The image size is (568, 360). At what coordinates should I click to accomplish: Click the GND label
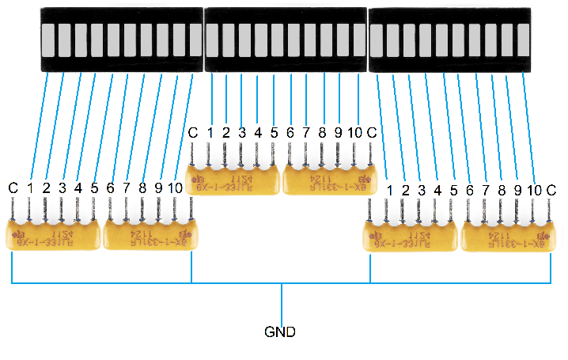[281, 332]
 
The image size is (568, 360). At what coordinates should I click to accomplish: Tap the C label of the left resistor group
[13, 188]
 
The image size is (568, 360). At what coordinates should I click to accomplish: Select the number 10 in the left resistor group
[175, 188]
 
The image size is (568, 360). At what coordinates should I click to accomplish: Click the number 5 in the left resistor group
[94, 188]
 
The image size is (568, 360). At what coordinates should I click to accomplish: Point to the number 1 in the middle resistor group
[210, 131]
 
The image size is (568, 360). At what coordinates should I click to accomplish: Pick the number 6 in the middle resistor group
[290, 131]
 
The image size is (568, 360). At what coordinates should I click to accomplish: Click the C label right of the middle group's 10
[372, 131]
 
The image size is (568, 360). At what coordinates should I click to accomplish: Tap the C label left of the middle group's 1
[192, 131]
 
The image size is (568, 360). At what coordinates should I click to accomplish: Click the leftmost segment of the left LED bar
[47, 40]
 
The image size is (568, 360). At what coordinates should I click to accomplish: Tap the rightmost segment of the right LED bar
[523, 40]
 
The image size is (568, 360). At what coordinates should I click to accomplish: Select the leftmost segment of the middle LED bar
[212, 40]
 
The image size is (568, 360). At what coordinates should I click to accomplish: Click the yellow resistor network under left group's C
[53, 234]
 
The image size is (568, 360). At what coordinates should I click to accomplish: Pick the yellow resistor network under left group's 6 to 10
[150, 234]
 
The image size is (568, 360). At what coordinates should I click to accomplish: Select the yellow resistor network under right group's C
[506, 236]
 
